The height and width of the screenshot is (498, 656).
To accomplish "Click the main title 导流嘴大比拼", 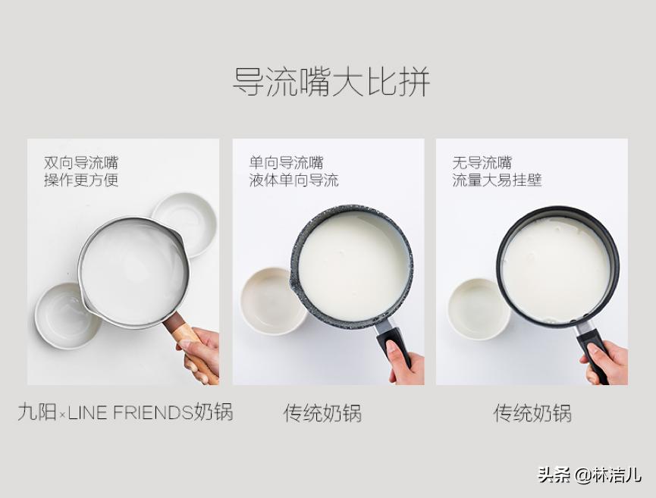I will pyautogui.click(x=331, y=82).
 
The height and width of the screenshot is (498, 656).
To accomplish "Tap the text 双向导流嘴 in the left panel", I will pyautogui.click(x=81, y=162).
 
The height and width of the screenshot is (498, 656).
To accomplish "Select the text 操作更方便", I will pyautogui.click(x=81, y=180).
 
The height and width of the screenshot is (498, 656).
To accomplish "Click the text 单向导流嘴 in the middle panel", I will pyautogui.click(x=286, y=162).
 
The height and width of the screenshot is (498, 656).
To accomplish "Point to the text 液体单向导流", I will pyautogui.click(x=293, y=180).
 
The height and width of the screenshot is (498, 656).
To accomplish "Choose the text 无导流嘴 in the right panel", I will pyautogui.click(x=482, y=162).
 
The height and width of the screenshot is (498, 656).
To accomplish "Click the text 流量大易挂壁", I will pyautogui.click(x=497, y=180).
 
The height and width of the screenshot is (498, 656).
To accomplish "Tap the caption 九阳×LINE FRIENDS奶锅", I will pyautogui.click(x=125, y=412).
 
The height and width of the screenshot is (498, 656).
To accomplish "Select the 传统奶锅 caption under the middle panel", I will pyautogui.click(x=322, y=413).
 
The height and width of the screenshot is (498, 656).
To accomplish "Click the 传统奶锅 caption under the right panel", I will pyautogui.click(x=532, y=413).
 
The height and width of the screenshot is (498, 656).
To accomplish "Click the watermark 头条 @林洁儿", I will pyautogui.click(x=589, y=475).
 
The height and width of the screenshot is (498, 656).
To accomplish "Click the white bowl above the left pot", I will pyautogui.click(x=186, y=221).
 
